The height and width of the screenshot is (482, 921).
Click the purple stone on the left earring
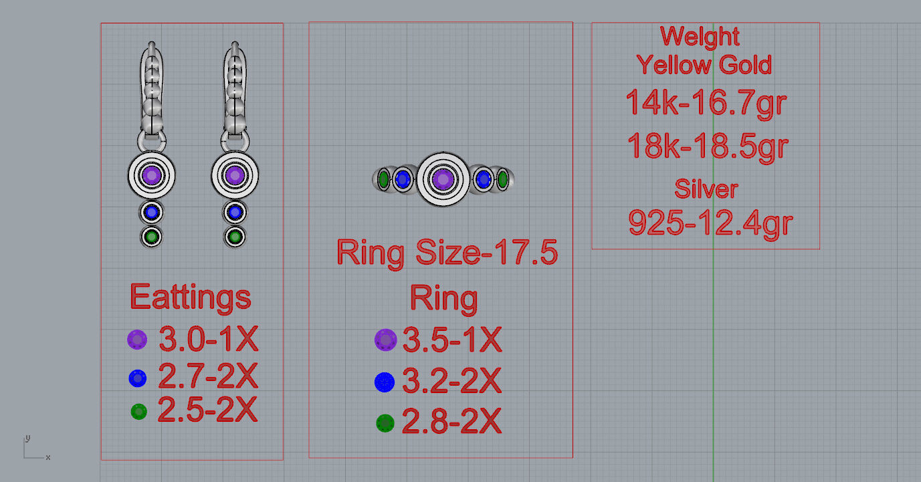point(152,176)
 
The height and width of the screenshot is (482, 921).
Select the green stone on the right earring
point(234,236)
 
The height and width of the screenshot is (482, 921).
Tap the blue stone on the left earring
point(152,213)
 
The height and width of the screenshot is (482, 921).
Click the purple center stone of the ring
point(441,179)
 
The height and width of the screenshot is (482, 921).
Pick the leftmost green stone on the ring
point(383,179)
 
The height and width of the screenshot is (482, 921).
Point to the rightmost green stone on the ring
point(502,180)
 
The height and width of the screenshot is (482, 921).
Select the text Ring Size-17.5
point(447,253)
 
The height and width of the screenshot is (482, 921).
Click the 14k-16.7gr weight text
point(706,103)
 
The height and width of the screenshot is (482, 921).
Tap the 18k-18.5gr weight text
point(708,146)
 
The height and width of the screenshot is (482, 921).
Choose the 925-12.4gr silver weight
point(710,223)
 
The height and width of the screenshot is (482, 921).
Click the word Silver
point(706,189)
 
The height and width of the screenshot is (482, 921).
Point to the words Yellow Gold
point(704,65)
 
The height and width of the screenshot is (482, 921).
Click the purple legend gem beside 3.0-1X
point(137,340)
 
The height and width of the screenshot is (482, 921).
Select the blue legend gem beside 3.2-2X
point(385,382)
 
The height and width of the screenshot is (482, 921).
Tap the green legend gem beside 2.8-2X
point(385,423)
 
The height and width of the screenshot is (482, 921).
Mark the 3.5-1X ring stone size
point(451,341)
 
